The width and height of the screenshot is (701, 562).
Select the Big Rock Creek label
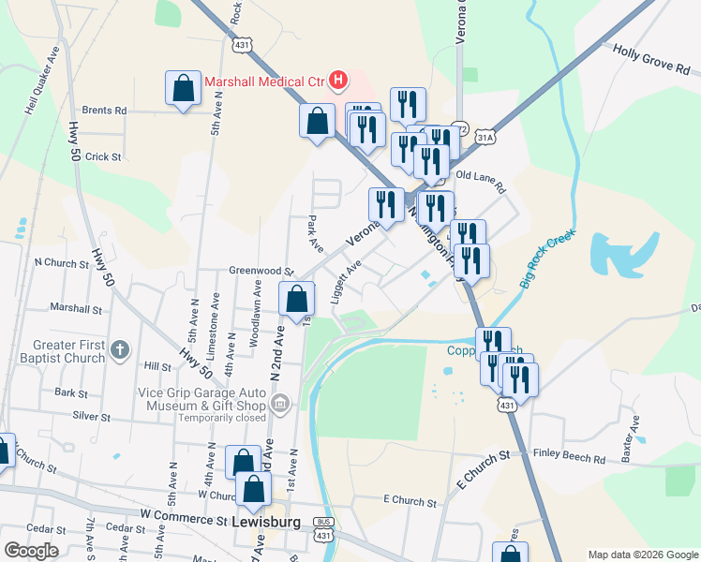547,257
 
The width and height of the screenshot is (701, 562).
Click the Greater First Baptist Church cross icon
118,350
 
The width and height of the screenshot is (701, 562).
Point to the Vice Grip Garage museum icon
279,404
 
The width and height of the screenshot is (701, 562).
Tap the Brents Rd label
104,110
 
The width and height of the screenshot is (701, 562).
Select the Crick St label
103,156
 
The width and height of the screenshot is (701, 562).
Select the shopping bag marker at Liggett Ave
297,300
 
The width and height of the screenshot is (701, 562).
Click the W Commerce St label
184,517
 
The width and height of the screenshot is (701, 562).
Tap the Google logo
31,551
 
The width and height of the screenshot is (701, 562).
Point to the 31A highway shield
485,138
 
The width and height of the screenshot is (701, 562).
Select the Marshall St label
76,307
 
